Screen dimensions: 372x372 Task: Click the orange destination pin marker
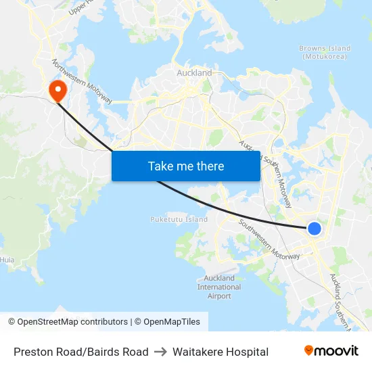pos(57,89)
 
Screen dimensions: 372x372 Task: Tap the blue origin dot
pos(315,229)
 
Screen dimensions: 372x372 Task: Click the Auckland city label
pos(194,72)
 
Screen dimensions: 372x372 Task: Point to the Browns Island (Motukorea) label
pos(325,52)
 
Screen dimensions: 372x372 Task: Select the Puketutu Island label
pos(179,219)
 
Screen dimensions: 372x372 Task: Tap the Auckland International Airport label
pos(219,287)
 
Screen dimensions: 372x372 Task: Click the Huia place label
pos(7,259)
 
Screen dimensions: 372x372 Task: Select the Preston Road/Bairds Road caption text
pos(81,352)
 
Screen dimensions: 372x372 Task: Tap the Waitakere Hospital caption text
pos(220,352)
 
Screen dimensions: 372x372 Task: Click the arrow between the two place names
pos(160,352)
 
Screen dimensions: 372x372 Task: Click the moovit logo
pos(331,350)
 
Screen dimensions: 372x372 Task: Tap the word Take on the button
pos(160,166)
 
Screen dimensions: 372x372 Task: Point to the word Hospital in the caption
pos(246,352)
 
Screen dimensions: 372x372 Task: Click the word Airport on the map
pos(219,296)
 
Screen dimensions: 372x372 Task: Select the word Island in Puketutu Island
pos(197,219)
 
